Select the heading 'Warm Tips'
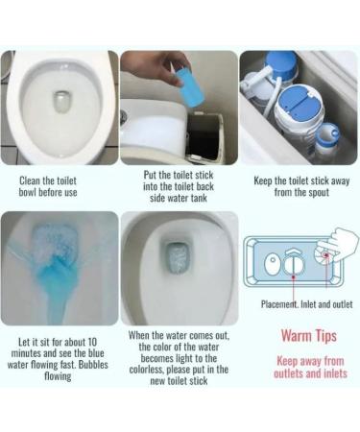[x=302, y=336]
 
